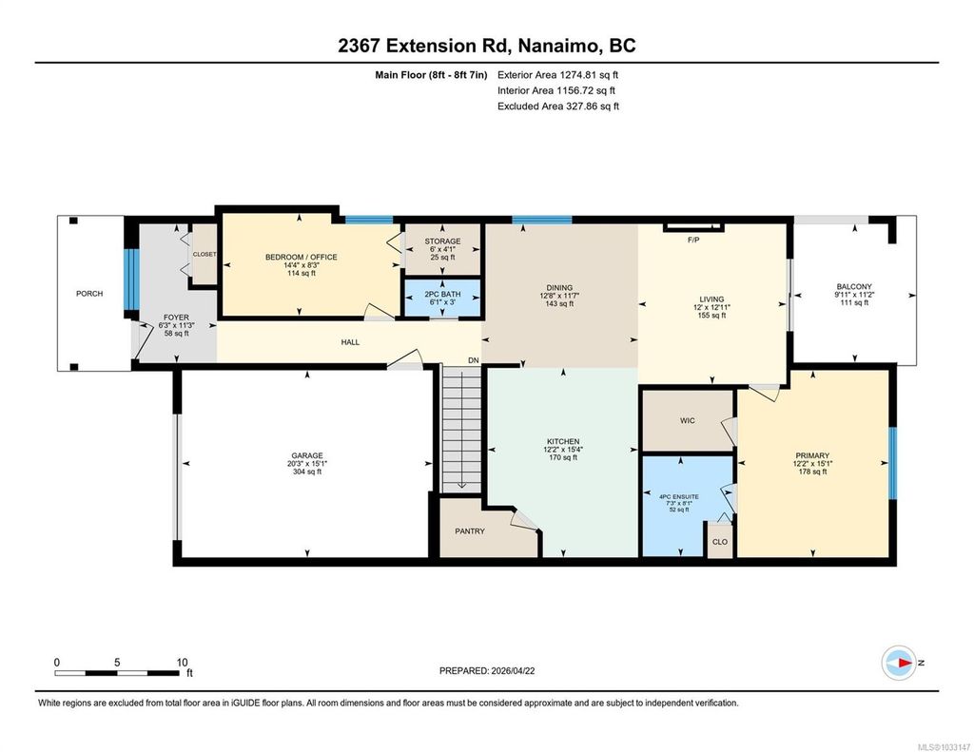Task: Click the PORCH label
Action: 89,294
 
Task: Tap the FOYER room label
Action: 176,318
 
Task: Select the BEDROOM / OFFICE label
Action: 302,257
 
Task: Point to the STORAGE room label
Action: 443,241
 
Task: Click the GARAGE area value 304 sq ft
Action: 307,472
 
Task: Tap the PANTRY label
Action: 470,531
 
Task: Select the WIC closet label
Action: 688,421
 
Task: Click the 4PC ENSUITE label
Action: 679,497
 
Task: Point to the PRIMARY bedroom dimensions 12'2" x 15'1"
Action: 812,464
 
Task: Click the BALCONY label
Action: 854,287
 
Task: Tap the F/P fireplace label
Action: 693,240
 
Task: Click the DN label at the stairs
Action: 474,360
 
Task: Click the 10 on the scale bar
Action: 182,663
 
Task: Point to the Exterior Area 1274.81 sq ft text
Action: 557,75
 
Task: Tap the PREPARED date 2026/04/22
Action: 513,670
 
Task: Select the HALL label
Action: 350,342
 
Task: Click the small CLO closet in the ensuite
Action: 720,542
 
